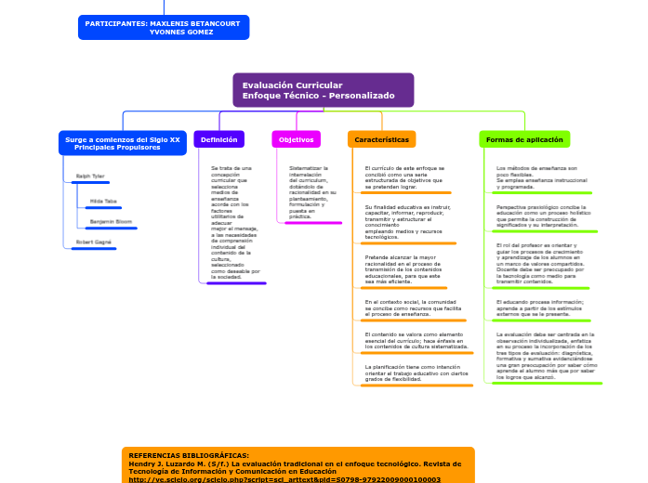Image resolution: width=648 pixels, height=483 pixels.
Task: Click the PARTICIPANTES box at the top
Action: click(x=163, y=27)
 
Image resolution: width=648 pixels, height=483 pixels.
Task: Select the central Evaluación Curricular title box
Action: click(x=322, y=90)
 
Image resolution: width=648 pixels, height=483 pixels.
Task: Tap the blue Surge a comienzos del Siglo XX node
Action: click(x=122, y=143)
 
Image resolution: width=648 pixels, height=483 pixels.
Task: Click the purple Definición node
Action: click(x=218, y=139)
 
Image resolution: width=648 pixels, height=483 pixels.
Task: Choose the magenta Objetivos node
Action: click(x=296, y=139)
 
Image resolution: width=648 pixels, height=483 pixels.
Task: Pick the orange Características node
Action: click(x=381, y=139)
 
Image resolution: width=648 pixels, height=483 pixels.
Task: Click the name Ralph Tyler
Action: click(x=90, y=176)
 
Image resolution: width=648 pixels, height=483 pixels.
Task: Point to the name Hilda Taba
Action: click(x=103, y=201)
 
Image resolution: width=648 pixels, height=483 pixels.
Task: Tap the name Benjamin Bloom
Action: click(x=111, y=222)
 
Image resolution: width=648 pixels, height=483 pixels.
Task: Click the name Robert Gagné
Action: click(x=94, y=241)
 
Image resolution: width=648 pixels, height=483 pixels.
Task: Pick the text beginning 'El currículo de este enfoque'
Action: click(x=404, y=177)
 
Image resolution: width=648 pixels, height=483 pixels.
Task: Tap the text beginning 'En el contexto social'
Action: click(x=410, y=308)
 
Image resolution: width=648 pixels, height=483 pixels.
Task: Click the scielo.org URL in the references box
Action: click(x=284, y=479)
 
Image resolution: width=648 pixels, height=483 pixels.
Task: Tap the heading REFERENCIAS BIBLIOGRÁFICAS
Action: click(x=189, y=456)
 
